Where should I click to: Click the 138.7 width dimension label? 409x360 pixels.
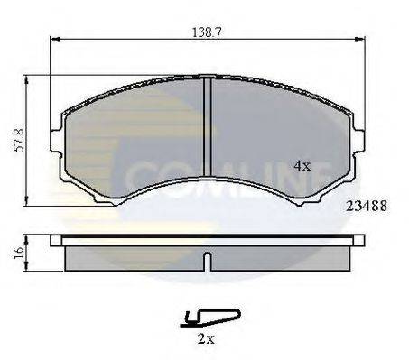207,32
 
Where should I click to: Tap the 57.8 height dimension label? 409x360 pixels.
20,140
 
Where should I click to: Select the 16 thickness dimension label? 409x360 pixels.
19,253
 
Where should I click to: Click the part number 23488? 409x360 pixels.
367,207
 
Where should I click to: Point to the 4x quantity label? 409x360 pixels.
302,165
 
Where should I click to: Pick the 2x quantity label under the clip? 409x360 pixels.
206,339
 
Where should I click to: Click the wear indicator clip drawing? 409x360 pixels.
210,318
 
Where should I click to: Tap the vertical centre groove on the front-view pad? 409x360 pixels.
207,127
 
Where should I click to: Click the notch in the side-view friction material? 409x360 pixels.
207,262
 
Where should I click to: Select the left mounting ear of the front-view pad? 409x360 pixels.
56,141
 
